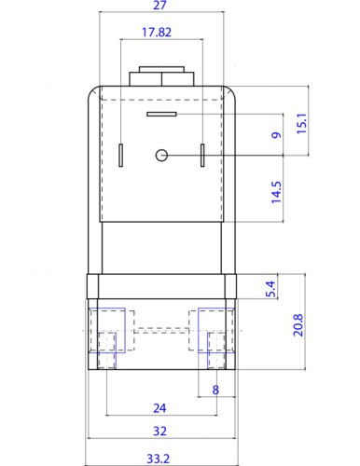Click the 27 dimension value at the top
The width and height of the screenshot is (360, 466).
pyautogui.click(x=160, y=5)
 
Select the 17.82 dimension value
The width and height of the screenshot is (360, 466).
pyautogui.click(x=157, y=33)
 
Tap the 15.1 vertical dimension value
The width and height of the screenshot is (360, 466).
pyautogui.click(x=302, y=124)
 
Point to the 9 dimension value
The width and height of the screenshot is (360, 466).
pyautogui.click(x=276, y=135)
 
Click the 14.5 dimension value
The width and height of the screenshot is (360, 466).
pyautogui.click(x=276, y=192)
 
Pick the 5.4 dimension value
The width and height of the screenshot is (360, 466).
pyautogui.click(x=271, y=289)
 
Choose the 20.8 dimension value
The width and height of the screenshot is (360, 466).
pyautogui.click(x=298, y=325)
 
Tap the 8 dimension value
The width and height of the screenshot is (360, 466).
pyautogui.click(x=215, y=390)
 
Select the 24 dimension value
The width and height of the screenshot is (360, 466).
pyautogui.click(x=159, y=408)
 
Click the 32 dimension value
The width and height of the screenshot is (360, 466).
pyautogui.click(x=159, y=431)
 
